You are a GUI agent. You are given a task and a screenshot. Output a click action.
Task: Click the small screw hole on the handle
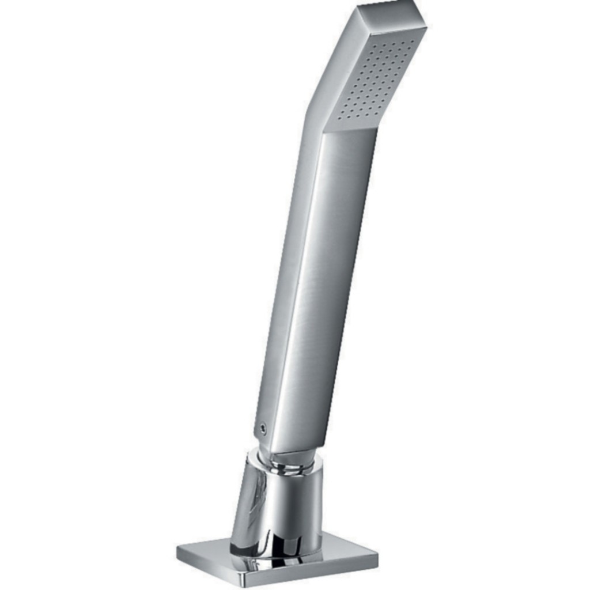(x=262, y=428)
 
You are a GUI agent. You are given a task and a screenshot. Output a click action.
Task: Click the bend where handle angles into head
(x=314, y=115)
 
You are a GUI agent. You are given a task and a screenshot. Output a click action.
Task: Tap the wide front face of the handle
(x=323, y=288)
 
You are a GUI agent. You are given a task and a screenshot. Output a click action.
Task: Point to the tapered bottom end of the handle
(x=288, y=444)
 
